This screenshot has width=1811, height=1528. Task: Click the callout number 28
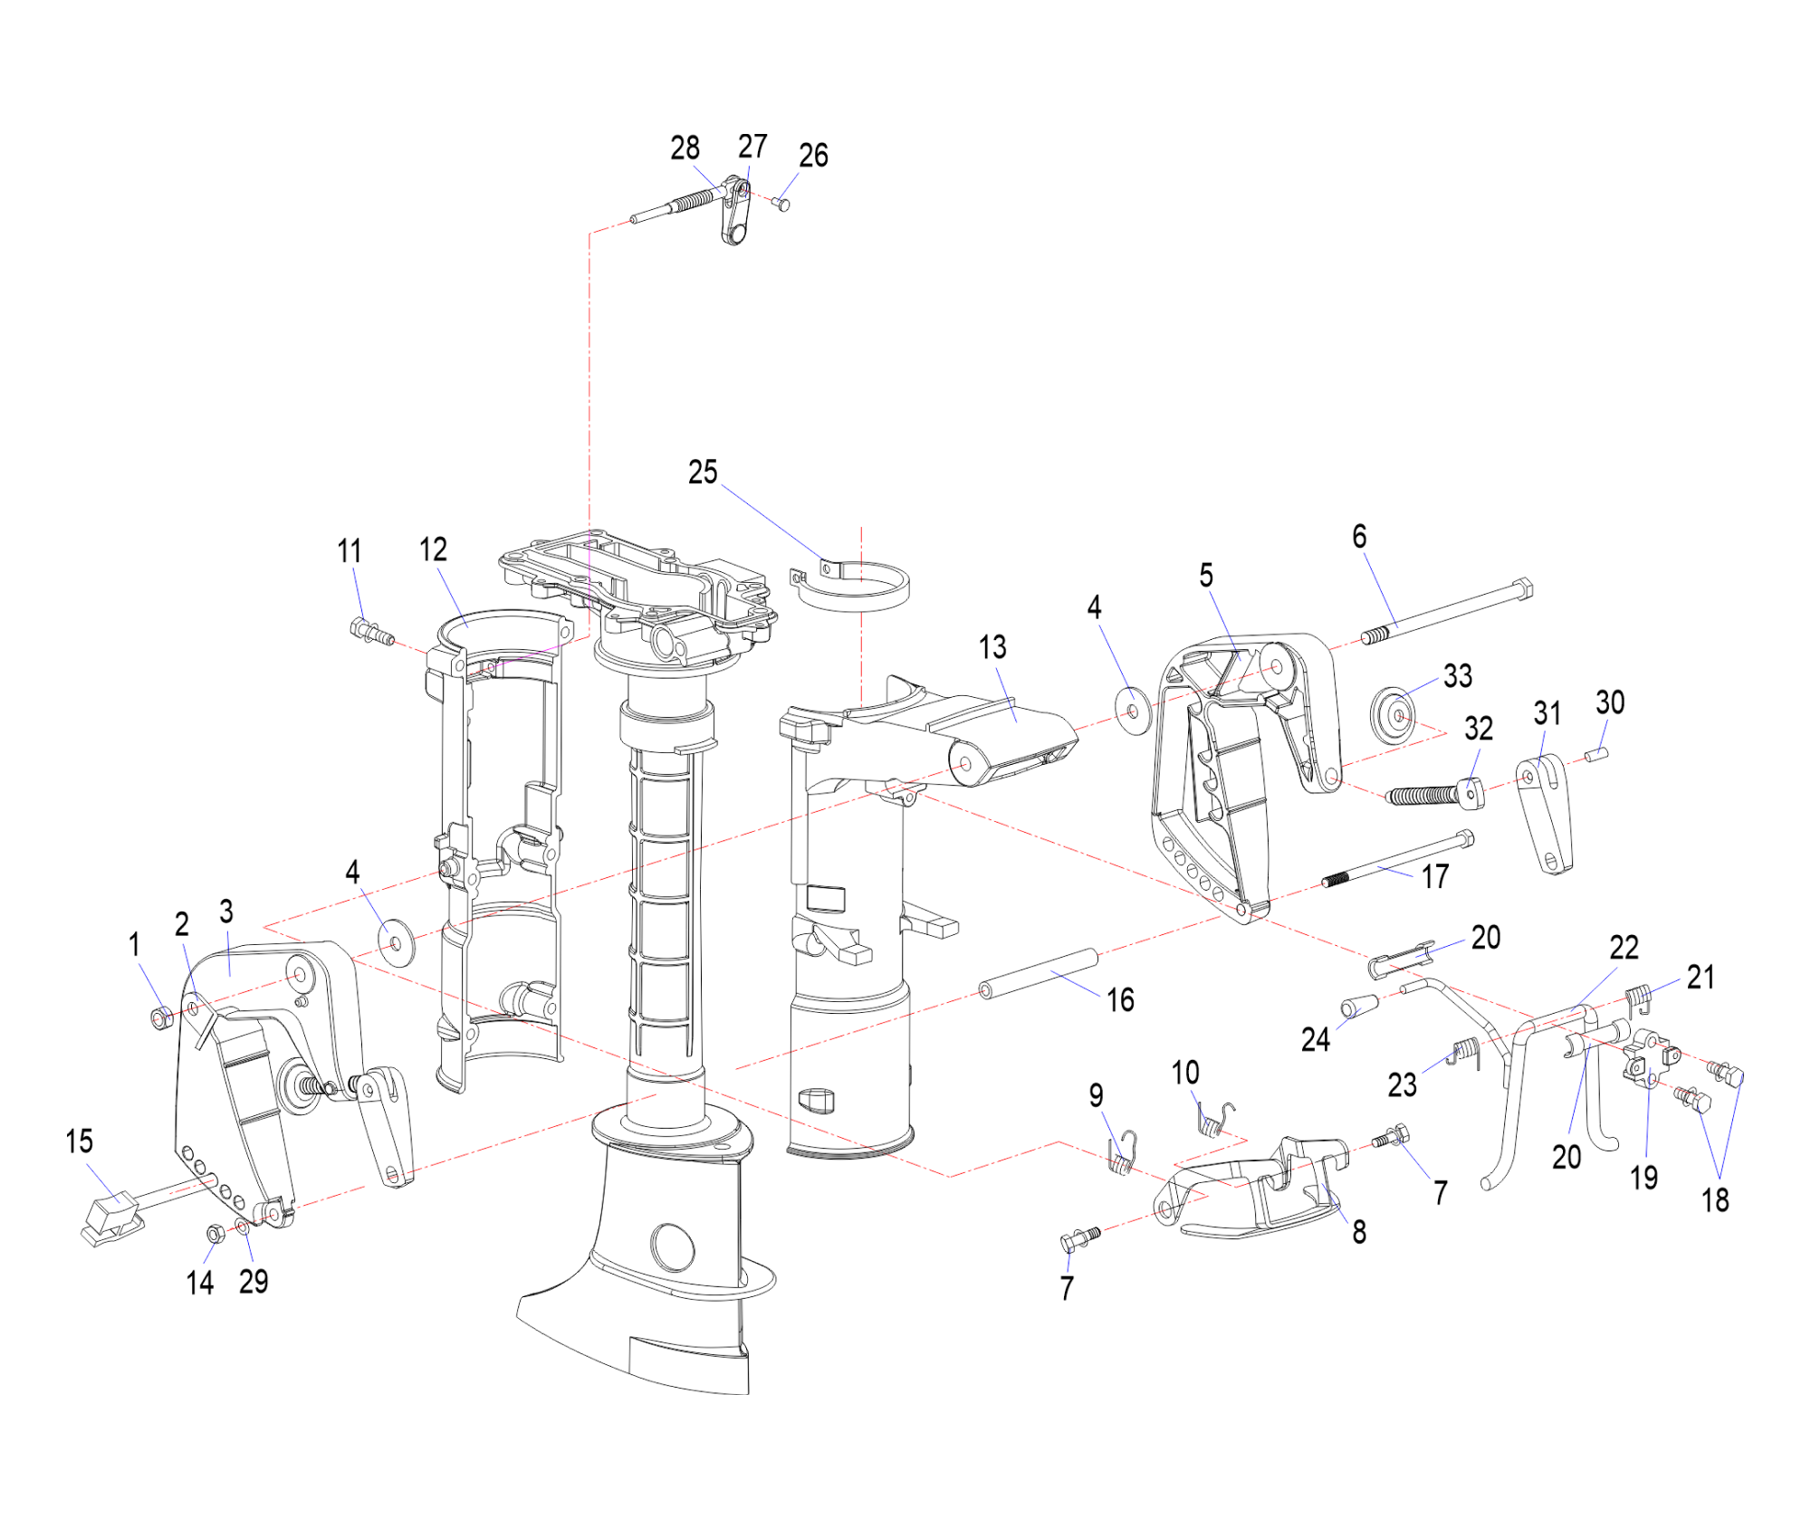[x=685, y=148]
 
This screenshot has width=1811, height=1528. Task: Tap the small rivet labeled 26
[x=782, y=205]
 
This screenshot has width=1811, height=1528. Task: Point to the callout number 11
[x=350, y=550]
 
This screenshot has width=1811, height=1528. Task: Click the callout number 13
[x=992, y=647]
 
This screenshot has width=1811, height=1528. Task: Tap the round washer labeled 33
[x=1394, y=714]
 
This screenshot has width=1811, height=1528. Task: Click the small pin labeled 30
[x=1598, y=753]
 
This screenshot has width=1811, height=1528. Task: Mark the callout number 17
[x=1435, y=875]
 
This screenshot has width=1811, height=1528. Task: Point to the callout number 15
[x=80, y=1141]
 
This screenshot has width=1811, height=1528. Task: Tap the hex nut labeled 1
[x=162, y=1017]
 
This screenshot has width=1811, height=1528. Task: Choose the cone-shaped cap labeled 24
[x=1359, y=1007]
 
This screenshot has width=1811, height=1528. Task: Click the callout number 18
[x=1715, y=1199]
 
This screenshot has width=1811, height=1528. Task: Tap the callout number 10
[x=1185, y=1073]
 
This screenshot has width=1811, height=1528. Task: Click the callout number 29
[x=254, y=1281]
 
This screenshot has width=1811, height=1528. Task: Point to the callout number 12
[x=433, y=549]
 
